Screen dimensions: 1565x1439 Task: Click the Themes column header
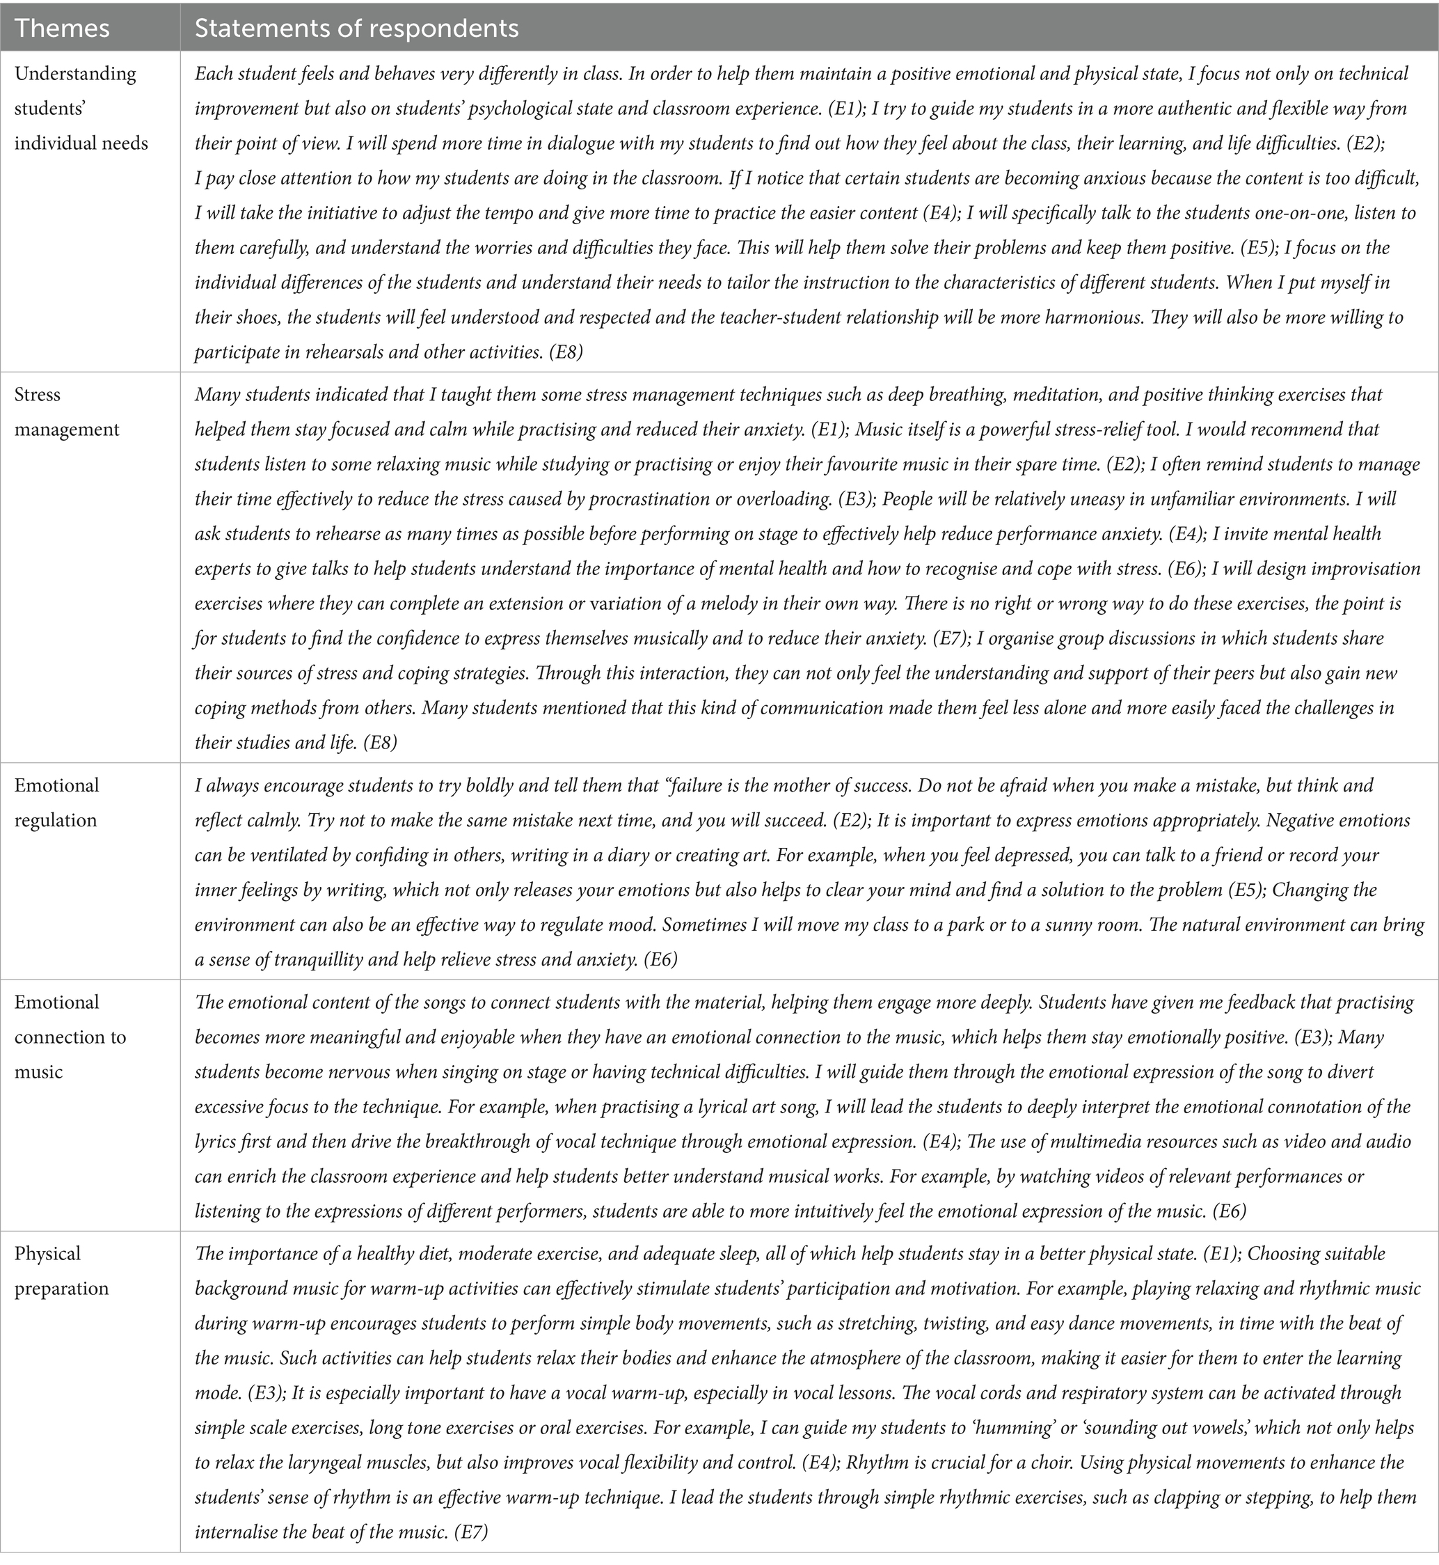63,28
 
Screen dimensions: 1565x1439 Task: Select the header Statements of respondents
357,28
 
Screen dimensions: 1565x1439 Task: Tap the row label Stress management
67,412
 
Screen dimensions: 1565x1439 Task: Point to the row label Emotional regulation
57,803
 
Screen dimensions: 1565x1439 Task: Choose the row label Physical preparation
61,1271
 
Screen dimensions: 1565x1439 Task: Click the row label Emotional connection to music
70,1037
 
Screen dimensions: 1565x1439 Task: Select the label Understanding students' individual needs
81,109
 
